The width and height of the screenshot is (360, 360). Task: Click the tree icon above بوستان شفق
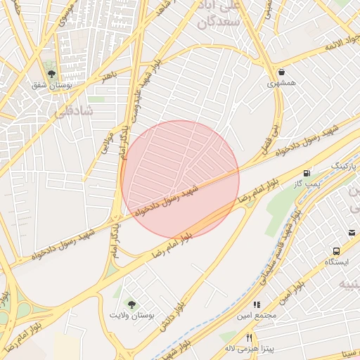[51, 73]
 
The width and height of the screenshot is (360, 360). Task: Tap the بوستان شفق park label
[51, 85]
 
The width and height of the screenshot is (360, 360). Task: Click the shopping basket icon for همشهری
[282, 72]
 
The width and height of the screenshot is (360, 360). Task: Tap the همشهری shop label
[281, 84]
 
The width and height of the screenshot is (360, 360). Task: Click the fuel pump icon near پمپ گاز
[307, 173]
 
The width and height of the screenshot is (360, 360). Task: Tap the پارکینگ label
[345, 165]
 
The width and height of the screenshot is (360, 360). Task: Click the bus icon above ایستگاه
[336, 250]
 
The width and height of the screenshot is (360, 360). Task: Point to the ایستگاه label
[336, 262]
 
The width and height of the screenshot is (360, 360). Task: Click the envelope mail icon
[352, 233]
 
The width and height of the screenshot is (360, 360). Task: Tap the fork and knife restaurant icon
[248, 337]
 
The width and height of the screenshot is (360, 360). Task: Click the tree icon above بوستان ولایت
[131, 303]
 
